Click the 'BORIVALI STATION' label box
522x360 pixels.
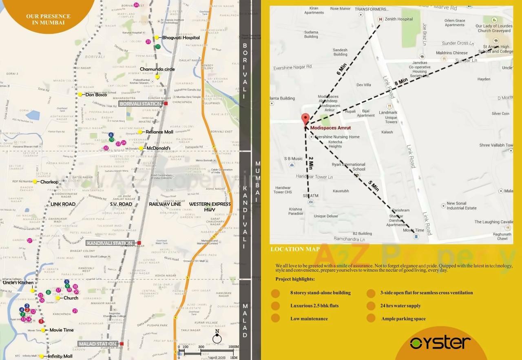point(141,104)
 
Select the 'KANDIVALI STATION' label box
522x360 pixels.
point(110,243)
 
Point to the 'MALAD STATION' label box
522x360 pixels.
point(98,344)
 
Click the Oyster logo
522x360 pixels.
point(440,342)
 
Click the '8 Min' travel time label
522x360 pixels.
point(401,82)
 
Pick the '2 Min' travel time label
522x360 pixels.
point(311,163)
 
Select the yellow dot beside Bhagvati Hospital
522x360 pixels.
point(156,38)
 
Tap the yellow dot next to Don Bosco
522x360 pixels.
point(80,95)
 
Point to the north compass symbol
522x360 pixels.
point(217,338)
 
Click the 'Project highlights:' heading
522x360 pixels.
point(295,279)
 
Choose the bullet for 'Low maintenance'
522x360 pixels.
point(275,318)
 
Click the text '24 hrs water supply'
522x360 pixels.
point(400,306)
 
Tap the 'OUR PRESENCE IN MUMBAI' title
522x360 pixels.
point(48,19)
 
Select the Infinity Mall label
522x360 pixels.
point(60,356)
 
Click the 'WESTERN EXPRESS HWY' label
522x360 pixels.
point(210,207)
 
